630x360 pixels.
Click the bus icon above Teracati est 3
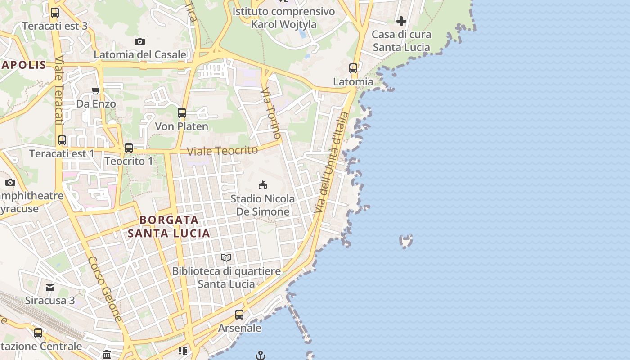pyautogui.click(x=55, y=13)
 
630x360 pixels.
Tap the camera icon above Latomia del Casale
pyautogui.click(x=140, y=42)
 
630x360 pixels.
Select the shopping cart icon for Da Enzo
pyautogui.click(x=95, y=90)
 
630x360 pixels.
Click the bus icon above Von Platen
pyautogui.click(x=182, y=113)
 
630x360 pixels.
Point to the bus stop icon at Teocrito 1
pyautogui.click(x=129, y=148)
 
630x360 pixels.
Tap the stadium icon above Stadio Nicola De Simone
pyautogui.click(x=263, y=185)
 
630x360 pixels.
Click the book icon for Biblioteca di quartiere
pyautogui.click(x=226, y=258)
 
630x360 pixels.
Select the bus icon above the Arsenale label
pyautogui.click(x=239, y=314)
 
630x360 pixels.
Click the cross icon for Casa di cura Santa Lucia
pyautogui.click(x=401, y=21)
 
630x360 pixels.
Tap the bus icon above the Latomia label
pyautogui.click(x=353, y=68)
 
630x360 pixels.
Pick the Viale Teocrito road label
pyautogui.click(x=222, y=151)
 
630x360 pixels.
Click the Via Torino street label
pyautogui.click(x=271, y=113)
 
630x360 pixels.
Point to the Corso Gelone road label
pyautogui.click(x=105, y=288)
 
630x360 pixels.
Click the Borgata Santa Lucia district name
pyautogui.click(x=169, y=227)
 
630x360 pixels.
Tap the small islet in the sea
pyautogui.click(x=406, y=241)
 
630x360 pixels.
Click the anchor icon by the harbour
pyautogui.click(x=260, y=355)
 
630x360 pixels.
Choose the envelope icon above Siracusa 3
pyautogui.click(x=50, y=287)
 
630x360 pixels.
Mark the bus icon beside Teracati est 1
pyautogui.click(x=62, y=140)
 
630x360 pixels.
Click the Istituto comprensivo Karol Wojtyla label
pyautogui.click(x=283, y=18)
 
